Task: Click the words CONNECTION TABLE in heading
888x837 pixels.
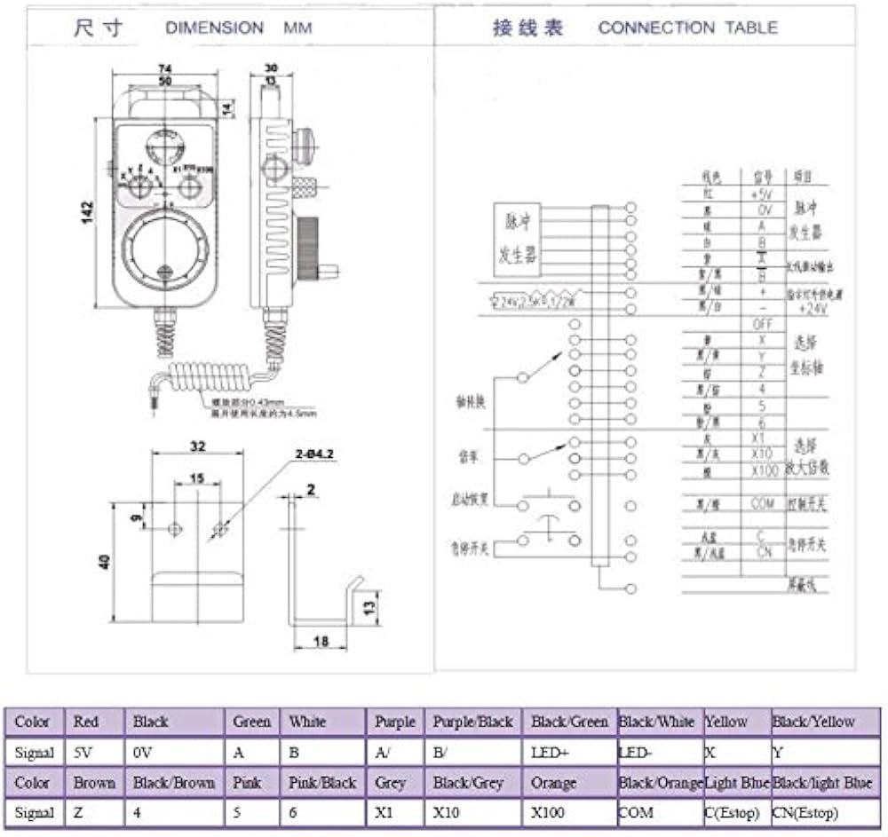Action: (x=687, y=28)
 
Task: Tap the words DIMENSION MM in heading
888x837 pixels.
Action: (x=238, y=28)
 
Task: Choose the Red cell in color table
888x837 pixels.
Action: (x=92, y=722)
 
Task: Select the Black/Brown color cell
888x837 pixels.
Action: (x=174, y=783)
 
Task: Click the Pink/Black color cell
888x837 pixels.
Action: (x=322, y=783)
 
